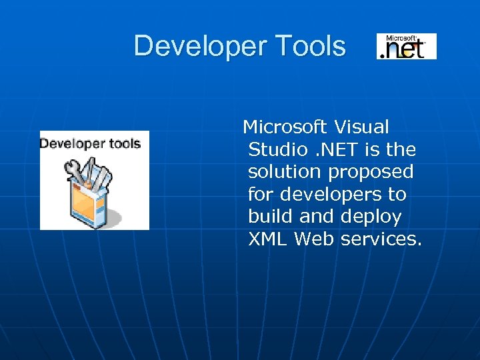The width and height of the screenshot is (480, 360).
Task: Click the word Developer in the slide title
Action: tap(189, 47)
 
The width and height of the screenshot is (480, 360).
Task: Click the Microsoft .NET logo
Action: tap(406, 46)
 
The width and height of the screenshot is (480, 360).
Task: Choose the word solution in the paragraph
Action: tap(284, 172)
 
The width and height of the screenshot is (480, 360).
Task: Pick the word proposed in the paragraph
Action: tap(371, 173)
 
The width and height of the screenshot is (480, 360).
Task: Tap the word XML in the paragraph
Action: tap(267, 239)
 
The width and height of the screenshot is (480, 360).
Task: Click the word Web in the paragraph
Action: tap(314, 239)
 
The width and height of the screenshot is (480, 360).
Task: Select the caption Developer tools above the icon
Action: tap(90, 143)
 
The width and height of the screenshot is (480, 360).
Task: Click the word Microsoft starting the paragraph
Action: tap(285, 127)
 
